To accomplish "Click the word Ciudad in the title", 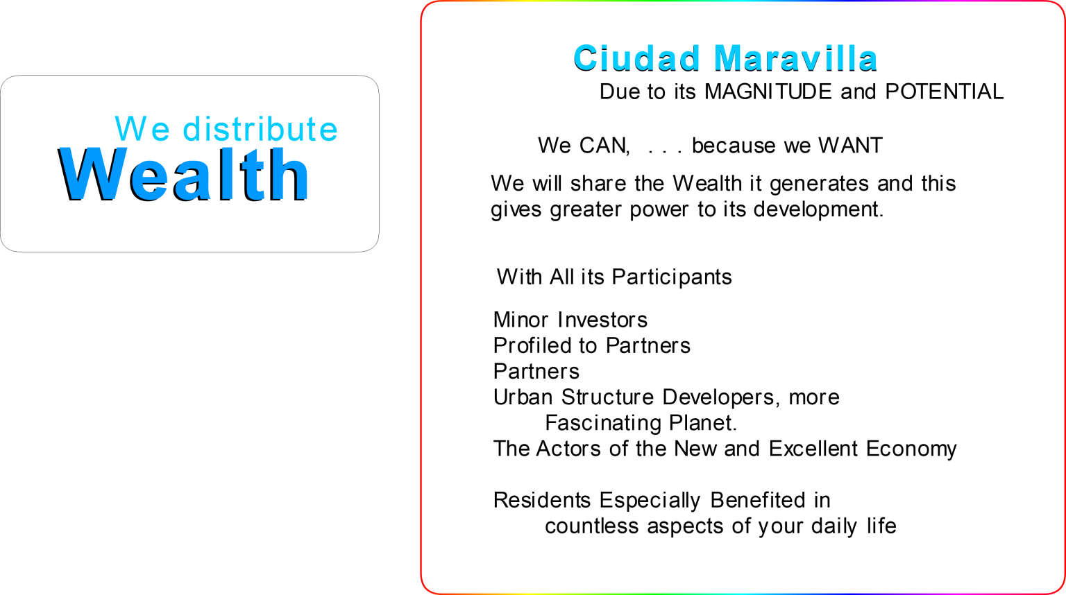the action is click(636, 58).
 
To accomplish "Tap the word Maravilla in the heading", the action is click(796, 58).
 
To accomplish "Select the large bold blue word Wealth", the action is click(184, 174).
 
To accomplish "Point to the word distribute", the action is click(260, 128).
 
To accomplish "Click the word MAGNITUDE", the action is click(768, 92).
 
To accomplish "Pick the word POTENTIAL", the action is click(944, 92).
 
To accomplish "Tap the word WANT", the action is click(850, 145).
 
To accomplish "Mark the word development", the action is click(818, 209).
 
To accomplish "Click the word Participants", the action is click(672, 277).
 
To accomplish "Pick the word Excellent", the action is click(813, 448).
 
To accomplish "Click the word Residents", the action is click(542, 500).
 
